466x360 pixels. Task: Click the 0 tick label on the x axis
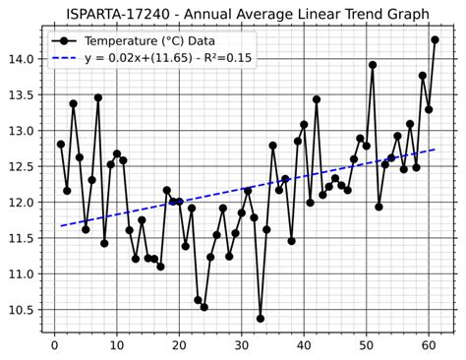[x=55, y=345]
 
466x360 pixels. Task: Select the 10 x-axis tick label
[x=117, y=345]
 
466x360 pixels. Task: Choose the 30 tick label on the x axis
[x=242, y=345]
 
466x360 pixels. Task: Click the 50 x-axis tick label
[x=367, y=345]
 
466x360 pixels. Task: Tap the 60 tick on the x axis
[x=429, y=345]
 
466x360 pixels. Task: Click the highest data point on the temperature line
[x=435, y=40]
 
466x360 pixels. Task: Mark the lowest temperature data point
[x=261, y=318]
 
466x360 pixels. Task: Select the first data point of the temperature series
[x=61, y=144]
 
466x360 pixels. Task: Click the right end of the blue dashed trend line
[x=435, y=150]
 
